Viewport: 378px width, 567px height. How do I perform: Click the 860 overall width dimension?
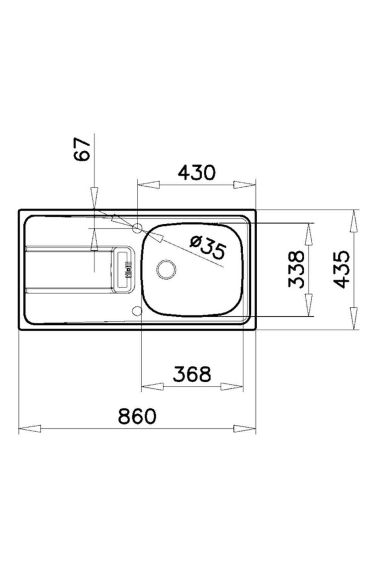coord(137,416)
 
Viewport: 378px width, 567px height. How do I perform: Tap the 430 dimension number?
coord(197,173)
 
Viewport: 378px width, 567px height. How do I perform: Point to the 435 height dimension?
coord(341,270)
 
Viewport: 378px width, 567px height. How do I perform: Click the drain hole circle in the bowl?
coord(166,270)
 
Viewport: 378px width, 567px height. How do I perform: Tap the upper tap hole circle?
coord(138,228)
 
